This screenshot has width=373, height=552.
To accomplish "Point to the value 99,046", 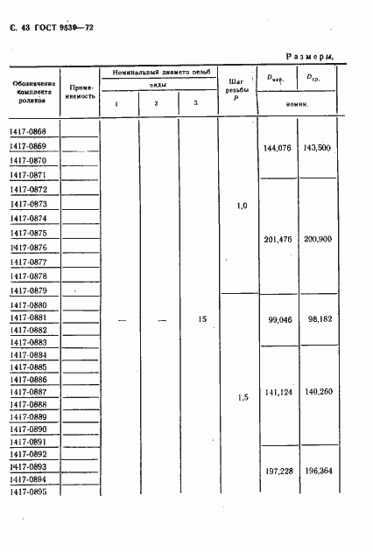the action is point(279,321).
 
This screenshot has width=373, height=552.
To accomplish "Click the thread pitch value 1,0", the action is point(243,206).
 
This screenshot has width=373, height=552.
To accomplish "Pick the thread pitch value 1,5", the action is point(243,398).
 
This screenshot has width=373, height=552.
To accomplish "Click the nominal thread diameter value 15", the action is point(202,320).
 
